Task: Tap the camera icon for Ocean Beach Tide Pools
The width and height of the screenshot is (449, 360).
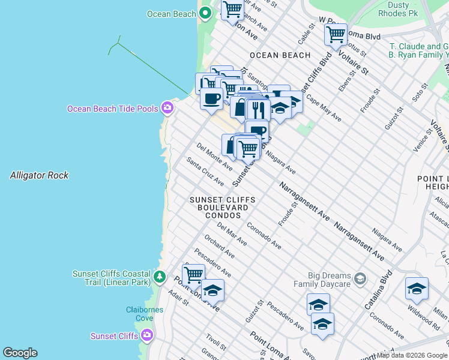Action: pos(167,108)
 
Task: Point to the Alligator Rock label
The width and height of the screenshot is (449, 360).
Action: pos(39,176)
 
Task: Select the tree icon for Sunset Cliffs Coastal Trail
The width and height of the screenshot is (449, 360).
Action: pos(159,277)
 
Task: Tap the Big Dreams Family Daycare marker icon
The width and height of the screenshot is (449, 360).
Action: pos(360,278)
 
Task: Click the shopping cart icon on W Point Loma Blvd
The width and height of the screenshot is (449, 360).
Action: pos(336,34)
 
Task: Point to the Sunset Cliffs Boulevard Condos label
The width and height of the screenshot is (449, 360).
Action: pos(222,207)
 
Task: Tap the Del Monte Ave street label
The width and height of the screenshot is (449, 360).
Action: pos(214,157)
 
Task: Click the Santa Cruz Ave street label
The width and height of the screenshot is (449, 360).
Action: pos(205,171)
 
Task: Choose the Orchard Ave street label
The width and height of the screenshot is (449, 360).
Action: pos(217,247)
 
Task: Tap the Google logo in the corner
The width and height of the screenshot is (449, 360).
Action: pos(20,353)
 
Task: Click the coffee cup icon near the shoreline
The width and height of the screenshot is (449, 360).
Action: pos(211,98)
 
